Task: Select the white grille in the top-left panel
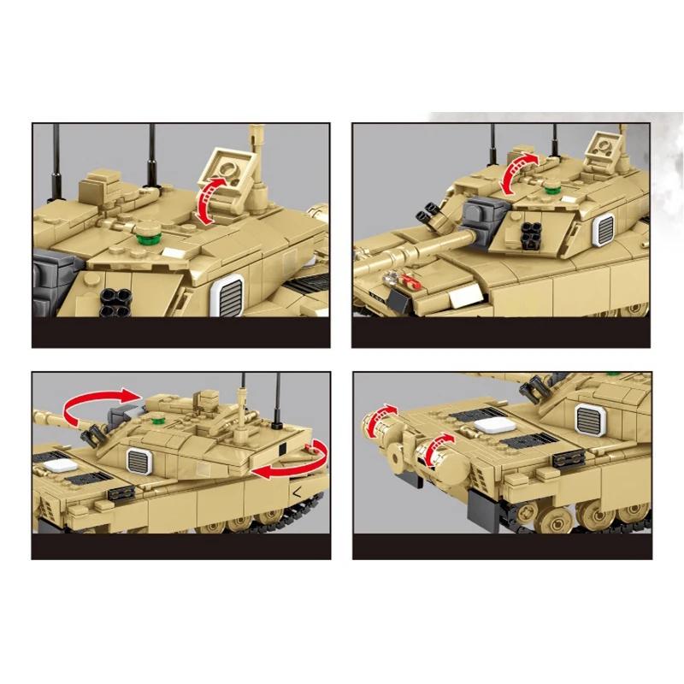(227, 295)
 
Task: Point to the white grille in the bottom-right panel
(589, 418)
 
